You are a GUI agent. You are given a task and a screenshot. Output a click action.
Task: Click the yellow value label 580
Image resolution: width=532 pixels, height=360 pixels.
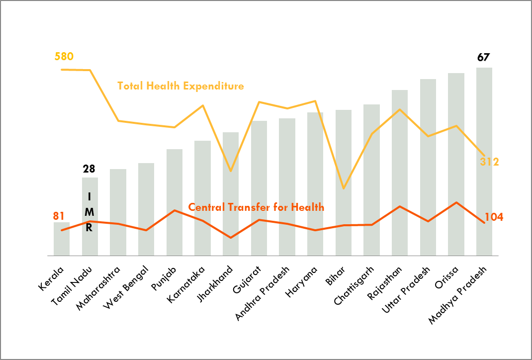64,56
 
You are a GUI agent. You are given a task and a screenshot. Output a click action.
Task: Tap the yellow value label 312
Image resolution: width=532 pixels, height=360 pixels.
489,162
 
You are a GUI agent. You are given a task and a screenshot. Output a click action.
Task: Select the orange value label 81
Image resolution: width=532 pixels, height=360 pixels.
59,216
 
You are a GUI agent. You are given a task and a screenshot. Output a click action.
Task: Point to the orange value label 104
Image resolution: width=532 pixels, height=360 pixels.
493,217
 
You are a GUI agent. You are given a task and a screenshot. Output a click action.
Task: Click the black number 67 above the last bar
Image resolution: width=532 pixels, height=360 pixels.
483,57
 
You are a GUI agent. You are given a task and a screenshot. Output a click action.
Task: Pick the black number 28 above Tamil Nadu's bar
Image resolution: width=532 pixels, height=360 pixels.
89,169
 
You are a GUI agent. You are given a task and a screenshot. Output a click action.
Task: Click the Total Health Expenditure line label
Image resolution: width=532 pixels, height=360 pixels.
180,86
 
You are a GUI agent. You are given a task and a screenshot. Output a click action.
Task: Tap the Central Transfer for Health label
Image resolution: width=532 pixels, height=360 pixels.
256,207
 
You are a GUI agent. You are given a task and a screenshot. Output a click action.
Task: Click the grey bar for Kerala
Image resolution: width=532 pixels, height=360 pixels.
62,239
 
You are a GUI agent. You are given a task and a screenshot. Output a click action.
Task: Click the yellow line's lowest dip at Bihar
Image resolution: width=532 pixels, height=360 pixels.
343,188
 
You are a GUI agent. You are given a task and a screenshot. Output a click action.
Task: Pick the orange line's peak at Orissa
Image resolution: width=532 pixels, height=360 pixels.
456,202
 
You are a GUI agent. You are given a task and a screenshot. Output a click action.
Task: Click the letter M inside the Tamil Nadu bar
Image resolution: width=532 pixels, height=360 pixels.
89,212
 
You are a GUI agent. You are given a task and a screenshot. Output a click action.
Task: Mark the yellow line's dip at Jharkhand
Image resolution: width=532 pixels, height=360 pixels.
230,171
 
